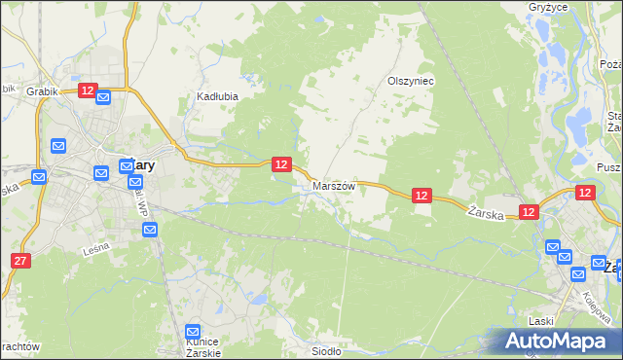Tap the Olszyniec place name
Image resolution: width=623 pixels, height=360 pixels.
click(410, 82)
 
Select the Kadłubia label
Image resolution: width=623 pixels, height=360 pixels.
click(217, 96)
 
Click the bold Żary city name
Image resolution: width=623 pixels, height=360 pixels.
click(136, 165)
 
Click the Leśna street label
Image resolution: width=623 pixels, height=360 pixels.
click(95, 249)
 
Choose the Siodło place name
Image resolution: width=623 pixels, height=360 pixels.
click(325, 351)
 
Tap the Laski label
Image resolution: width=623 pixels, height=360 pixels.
click(540, 320)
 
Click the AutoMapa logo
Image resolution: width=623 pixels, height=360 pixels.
click(555, 341)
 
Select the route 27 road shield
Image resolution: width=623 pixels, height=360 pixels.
click(21, 261)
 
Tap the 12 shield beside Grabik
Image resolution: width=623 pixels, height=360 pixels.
click(88, 90)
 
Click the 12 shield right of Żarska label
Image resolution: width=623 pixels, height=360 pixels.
click(529, 211)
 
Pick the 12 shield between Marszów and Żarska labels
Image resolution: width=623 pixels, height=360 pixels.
click(421, 196)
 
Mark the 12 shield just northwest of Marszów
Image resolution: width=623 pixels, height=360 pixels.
click(281, 164)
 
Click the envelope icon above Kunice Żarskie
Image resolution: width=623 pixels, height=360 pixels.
click(193, 332)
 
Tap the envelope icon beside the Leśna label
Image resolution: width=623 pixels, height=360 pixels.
click(149, 230)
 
